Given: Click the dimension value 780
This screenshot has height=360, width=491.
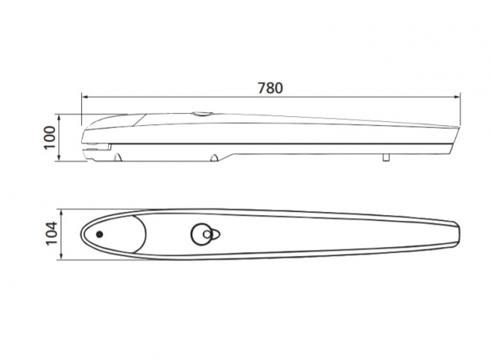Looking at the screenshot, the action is (x=270, y=88).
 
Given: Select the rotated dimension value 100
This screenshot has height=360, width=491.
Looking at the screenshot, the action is (x=49, y=137).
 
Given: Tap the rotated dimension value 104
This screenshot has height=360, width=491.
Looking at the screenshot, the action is (x=52, y=233).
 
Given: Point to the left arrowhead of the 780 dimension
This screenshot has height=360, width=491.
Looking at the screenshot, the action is (x=85, y=97).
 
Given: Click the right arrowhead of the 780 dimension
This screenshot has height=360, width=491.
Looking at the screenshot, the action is (x=457, y=97).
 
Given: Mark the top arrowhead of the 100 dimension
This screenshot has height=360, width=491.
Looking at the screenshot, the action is (x=59, y=118).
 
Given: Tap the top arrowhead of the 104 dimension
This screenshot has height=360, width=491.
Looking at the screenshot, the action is (x=61, y=214).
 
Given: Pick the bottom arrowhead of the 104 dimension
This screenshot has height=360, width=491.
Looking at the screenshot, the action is (x=61, y=256).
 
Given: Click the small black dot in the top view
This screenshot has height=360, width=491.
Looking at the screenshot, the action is (x=100, y=234).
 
